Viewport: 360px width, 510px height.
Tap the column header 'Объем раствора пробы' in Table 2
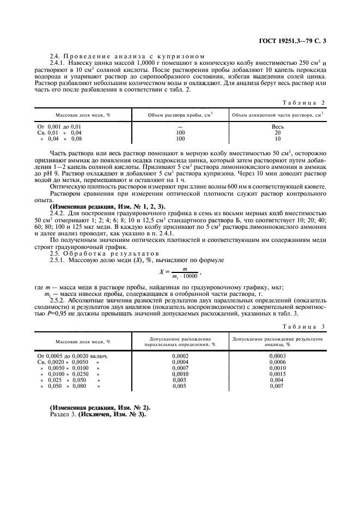pos(180,115)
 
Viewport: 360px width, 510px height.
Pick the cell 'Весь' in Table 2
pos(278,126)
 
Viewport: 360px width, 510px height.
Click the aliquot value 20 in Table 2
pos(278,132)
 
